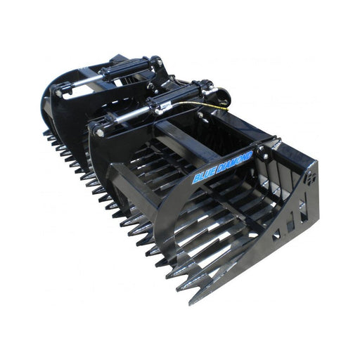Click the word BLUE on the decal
[203, 175]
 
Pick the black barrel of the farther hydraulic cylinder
[125, 68]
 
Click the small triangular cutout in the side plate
[276, 233]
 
